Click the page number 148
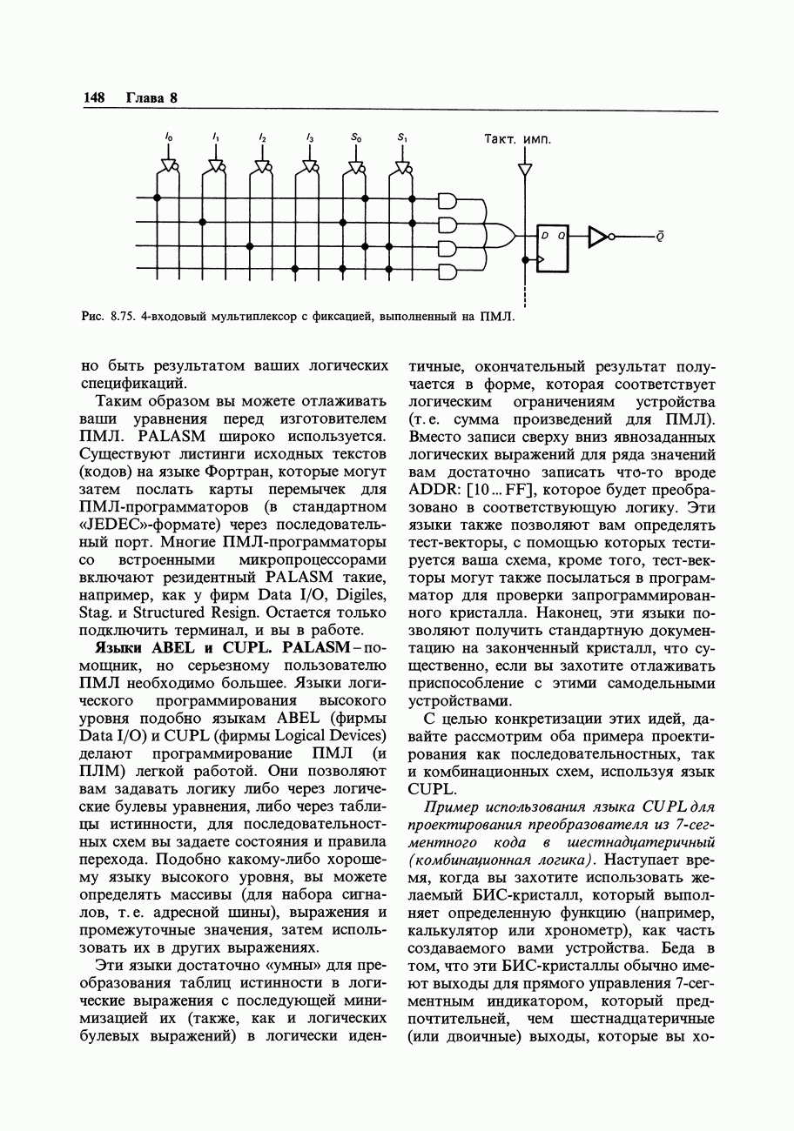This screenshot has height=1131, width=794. coord(93,97)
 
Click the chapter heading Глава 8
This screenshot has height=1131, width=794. coord(151,97)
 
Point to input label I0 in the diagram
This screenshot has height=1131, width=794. coord(169,137)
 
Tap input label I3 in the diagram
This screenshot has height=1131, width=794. coord(309,137)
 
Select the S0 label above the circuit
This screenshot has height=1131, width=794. coord(355,137)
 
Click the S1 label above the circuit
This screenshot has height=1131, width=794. coord(401,137)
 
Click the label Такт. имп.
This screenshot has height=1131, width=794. coord(517,138)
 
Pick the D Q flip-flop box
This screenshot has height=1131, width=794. coord(552,247)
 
